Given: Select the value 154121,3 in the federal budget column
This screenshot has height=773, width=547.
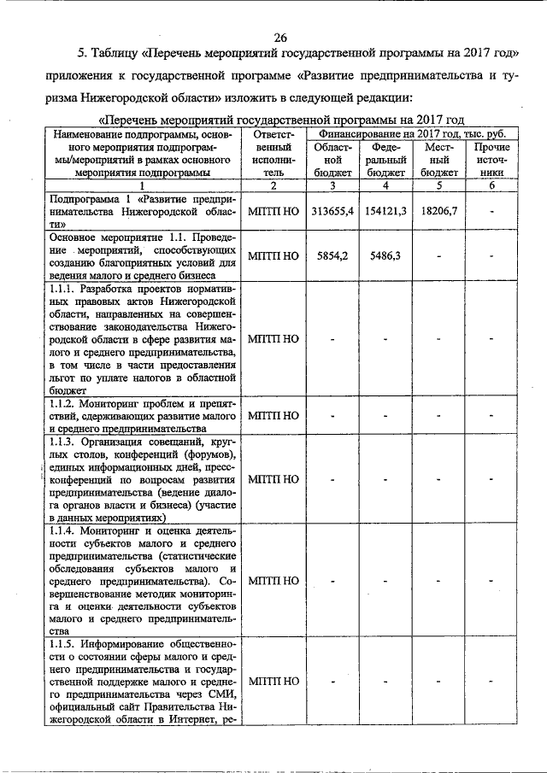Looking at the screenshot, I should pyautogui.click(x=385, y=210).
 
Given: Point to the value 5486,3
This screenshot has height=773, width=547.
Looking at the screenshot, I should pyautogui.click(x=385, y=255).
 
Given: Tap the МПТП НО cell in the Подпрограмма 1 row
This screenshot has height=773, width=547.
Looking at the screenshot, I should pyautogui.click(x=273, y=210).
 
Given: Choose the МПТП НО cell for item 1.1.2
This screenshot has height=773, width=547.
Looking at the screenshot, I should pyautogui.click(x=273, y=416).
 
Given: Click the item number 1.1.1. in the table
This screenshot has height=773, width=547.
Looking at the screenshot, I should pyautogui.click(x=65, y=289).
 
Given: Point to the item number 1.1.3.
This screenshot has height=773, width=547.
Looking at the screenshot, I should pyautogui.click(x=65, y=442).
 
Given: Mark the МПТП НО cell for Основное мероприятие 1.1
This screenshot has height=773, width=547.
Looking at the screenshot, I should pyautogui.click(x=273, y=255).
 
